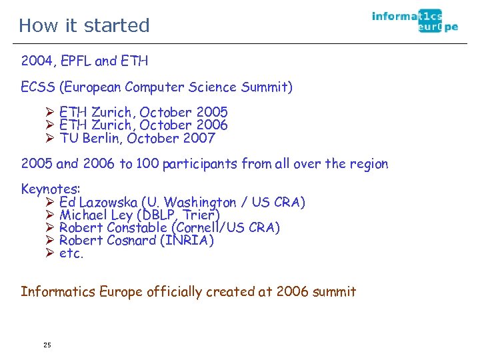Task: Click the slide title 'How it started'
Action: [84, 25]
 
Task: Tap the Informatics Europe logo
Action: [415, 21]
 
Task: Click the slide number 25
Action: [47, 345]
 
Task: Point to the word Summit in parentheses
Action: [265, 87]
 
